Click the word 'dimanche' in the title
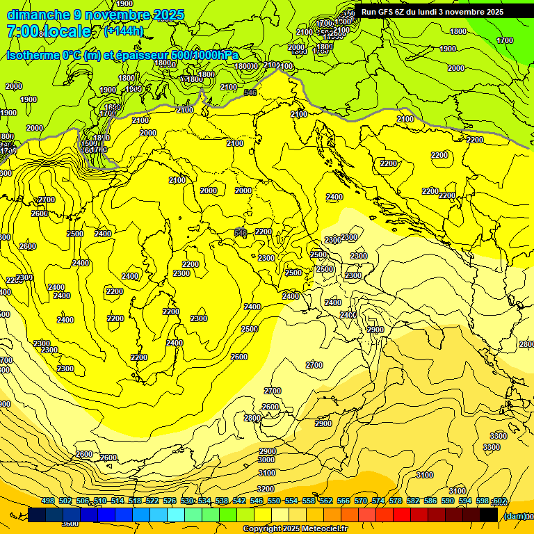pyautogui.click(x=38, y=15)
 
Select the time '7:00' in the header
pyautogui.click(x=22, y=31)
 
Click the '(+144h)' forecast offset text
pyautogui.click(x=123, y=31)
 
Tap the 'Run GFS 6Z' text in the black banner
pyautogui.click(x=385, y=12)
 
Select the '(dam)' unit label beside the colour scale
pyautogui.click(x=515, y=516)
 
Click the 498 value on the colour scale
pyautogui.click(x=48, y=501)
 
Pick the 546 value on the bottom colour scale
pyautogui.click(x=257, y=501)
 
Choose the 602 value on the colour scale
pyautogui.click(x=499, y=501)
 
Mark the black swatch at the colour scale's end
pyautogui.click(x=489, y=515)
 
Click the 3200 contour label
pyautogui.click(x=266, y=489)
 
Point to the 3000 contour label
pyautogui.click(x=266, y=460)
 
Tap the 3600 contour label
pyautogui.click(x=70, y=524)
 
